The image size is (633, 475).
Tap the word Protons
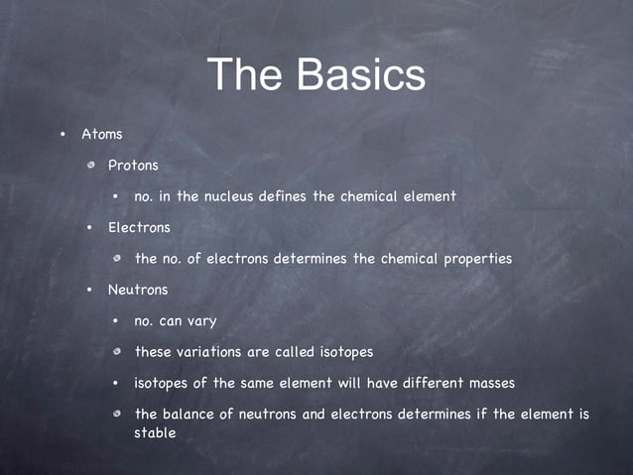(133, 165)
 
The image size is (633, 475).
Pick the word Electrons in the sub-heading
(139, 227)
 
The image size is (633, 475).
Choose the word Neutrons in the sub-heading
(138, 290)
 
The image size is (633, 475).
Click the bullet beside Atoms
(62, 134)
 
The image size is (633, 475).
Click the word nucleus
(228, 196)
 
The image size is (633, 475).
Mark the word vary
(199, 321)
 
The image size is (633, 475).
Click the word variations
(210, 352)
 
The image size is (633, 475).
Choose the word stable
(155, 432)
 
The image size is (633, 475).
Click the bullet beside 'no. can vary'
(116, 321)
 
